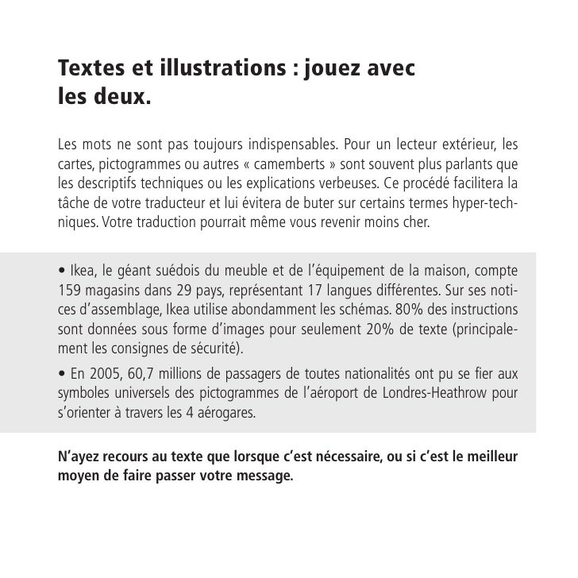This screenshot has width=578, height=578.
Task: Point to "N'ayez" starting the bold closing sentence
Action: point(78,457)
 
